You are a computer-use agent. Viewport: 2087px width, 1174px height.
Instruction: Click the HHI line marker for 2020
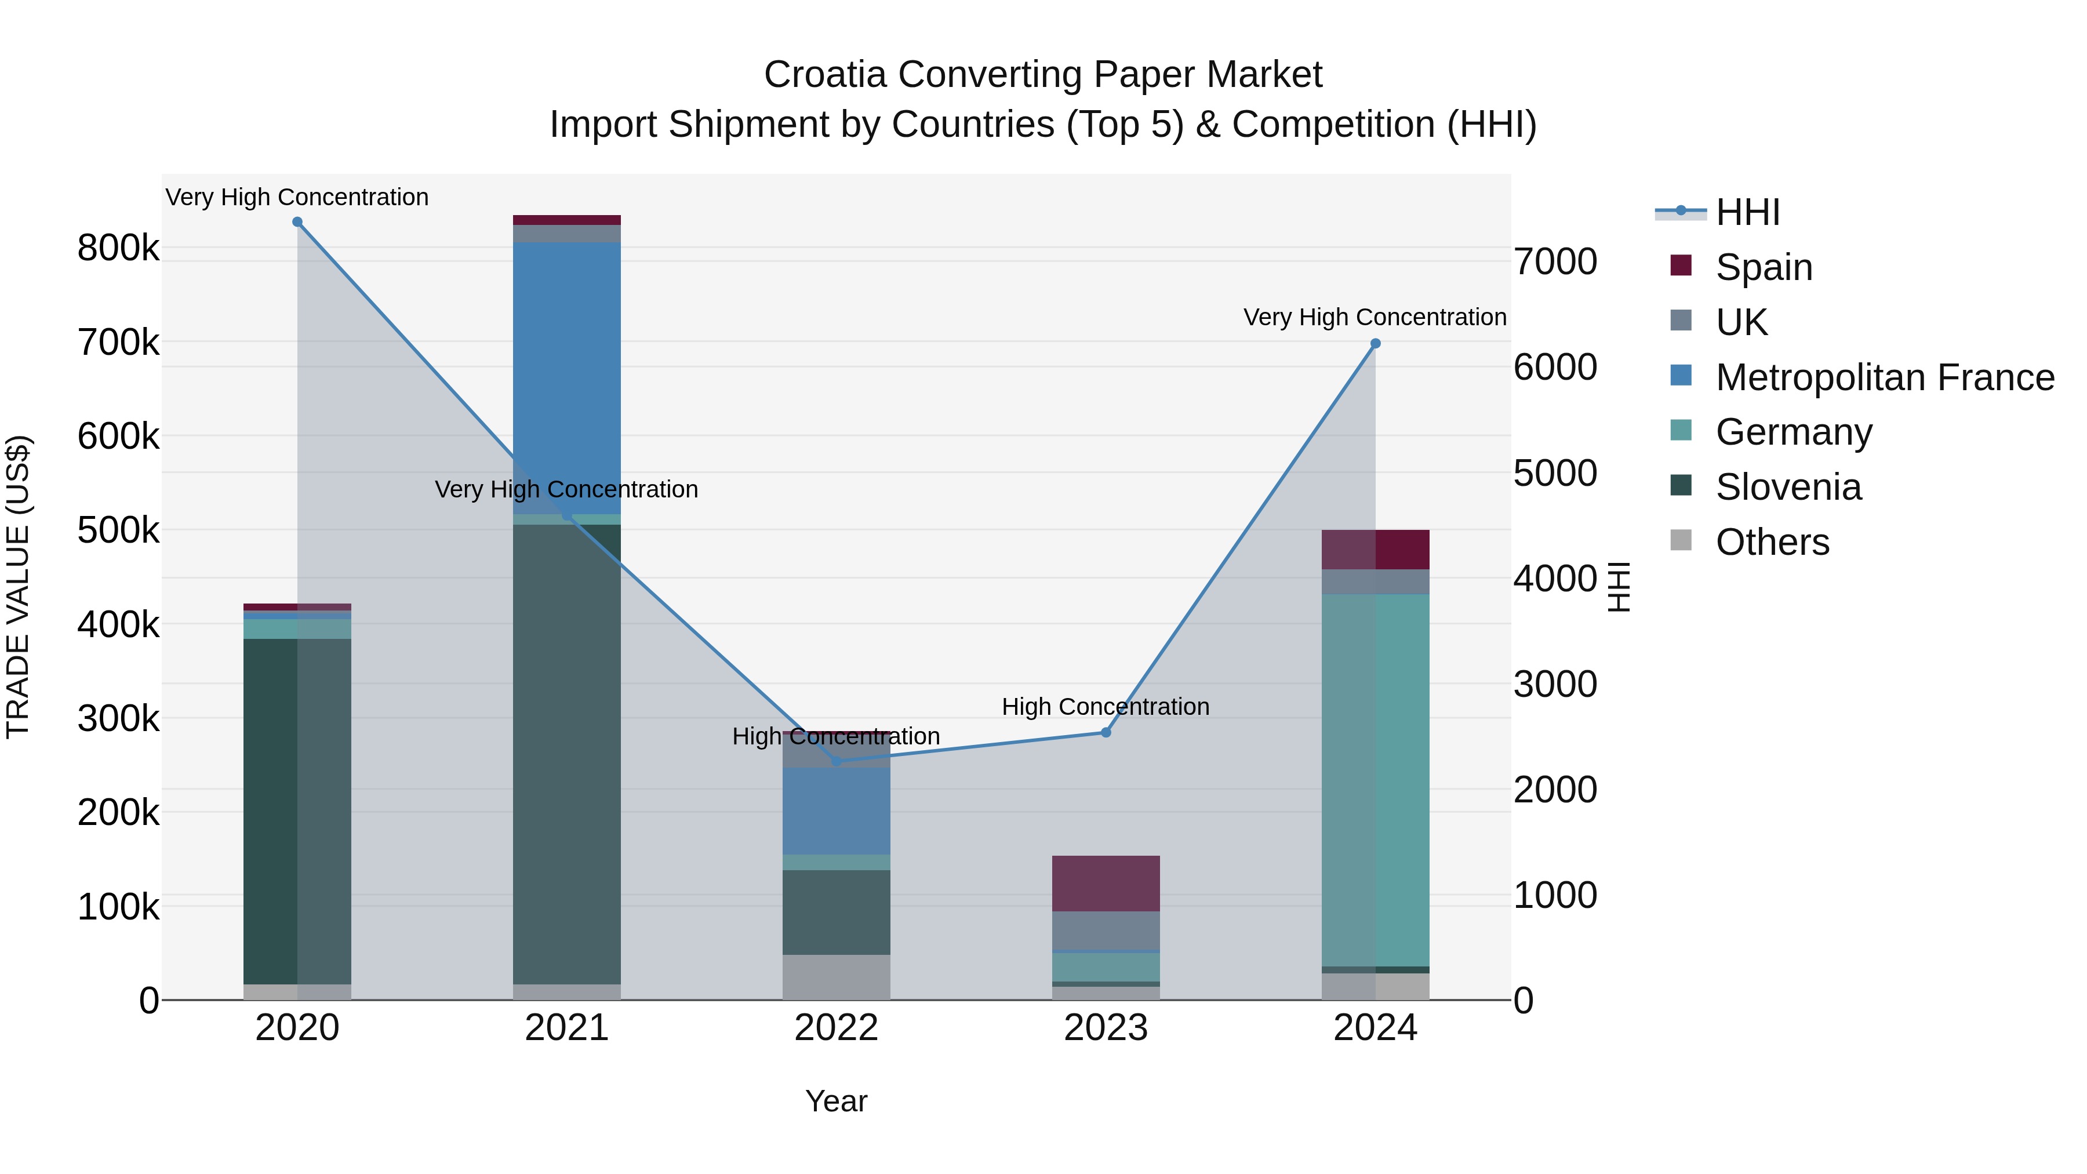[x=297, y=222]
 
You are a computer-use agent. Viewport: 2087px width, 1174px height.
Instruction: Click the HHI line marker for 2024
[x=1375, y=344]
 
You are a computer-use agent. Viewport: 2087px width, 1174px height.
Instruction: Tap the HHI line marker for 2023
[x=1106, y=732]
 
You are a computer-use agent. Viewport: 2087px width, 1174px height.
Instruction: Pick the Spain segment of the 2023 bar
[x=1106, y=883]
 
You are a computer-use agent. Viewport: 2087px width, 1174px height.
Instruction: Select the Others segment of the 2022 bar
[x=836, y=976]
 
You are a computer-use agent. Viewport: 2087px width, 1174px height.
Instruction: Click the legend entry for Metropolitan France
[x=1885, y=377]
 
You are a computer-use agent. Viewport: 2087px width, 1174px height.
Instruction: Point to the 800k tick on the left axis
[x=118, y=248]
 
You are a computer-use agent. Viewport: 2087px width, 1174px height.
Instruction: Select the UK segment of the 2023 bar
[x=1106, y=929]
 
